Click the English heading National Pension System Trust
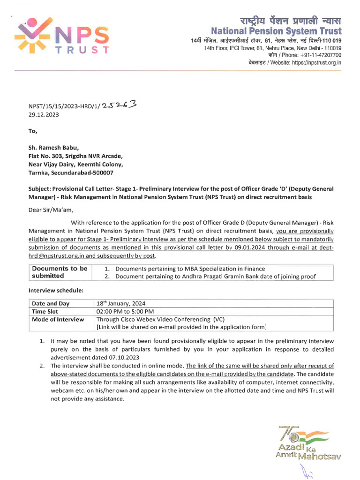276,31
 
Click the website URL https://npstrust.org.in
316,62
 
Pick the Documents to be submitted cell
59,272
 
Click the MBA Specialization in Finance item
190,269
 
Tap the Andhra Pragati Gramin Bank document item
215,277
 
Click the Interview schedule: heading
56,291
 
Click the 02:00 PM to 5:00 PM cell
125,311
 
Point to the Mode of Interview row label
58,319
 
